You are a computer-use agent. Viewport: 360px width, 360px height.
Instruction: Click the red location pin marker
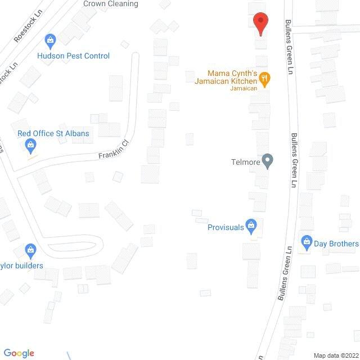tap(260, 23)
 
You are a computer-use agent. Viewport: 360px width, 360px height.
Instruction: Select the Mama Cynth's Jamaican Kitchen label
tap(232, 78)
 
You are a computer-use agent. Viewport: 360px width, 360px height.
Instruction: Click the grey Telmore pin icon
tap(268, 161)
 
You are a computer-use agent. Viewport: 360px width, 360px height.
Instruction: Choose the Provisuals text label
tap(226, 227)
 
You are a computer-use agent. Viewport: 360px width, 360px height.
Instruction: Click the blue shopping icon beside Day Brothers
tap(307, 243)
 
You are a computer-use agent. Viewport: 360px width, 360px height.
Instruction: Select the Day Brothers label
tap(336, 244)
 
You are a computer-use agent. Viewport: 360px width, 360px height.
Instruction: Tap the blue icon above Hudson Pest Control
tap(51, 40)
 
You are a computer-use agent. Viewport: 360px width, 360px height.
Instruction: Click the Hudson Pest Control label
tap(73, 56)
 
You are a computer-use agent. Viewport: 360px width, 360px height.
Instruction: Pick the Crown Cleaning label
tap(110, 3)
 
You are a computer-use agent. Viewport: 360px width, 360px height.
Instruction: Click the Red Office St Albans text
tap(53, 133)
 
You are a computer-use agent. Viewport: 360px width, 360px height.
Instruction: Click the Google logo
tap(18, 353)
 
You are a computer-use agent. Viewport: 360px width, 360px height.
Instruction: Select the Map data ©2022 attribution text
tap(335, 355)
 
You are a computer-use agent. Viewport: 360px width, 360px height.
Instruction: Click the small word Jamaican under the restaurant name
tap(244, 88)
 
